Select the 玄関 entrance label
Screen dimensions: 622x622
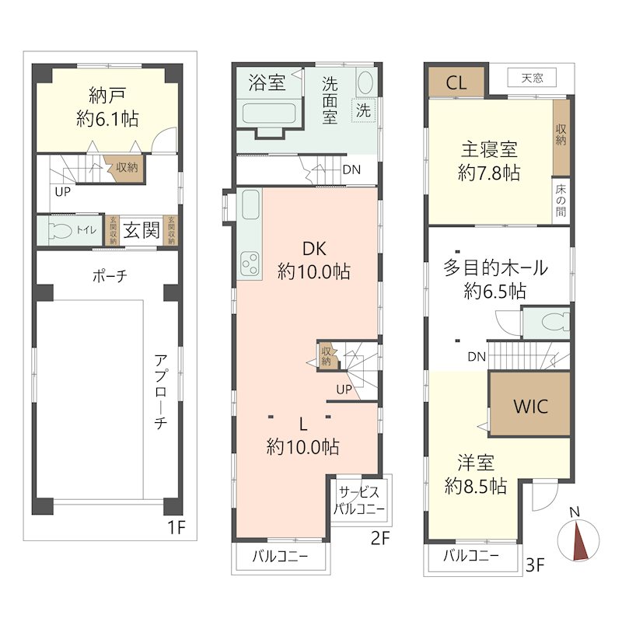coord(141,230)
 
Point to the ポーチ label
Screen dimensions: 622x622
coord(109,275)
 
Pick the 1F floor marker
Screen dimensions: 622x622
coord(176,527)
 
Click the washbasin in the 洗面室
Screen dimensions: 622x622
coord(365,82)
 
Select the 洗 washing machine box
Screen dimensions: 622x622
coord(363,110)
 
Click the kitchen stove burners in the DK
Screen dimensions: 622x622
coord(250,264)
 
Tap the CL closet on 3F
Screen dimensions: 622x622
coord(456,83)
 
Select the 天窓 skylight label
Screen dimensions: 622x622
coord(532,78)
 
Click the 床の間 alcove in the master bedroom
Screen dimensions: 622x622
coord(561,201)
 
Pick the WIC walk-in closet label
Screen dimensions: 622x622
coord(530,405)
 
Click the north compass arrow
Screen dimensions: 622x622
coord(578,538)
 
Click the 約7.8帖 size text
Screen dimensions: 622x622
coord(489,173)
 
